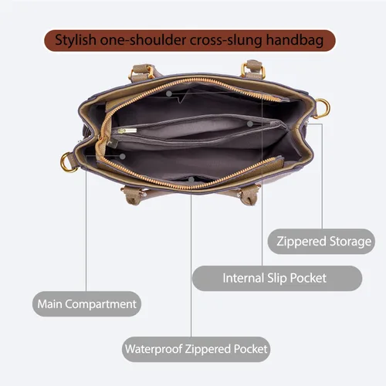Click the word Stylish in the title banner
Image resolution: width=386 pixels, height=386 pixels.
(76, 40)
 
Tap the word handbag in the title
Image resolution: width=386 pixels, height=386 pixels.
(295, 40)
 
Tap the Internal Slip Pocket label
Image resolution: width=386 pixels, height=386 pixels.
(277, 278)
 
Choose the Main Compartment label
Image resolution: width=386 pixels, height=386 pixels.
(86, 304)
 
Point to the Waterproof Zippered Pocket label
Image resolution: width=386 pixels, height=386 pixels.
(196, 349)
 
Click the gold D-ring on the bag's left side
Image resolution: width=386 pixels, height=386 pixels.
(67, 162)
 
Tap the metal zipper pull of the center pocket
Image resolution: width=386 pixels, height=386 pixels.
(127, 131)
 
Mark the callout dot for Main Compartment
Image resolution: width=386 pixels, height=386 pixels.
(123, 157)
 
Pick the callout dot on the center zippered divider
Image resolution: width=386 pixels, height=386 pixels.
(249, 124)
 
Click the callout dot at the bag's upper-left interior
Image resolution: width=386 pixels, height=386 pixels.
(169, 93)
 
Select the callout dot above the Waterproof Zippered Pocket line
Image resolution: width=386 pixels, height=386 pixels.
(191, 179)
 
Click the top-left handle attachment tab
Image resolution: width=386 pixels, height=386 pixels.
(142, 72)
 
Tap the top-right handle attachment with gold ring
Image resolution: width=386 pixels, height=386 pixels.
(253, 69)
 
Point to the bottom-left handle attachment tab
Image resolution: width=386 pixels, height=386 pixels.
(134, 195)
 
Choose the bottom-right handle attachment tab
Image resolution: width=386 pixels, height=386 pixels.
(248, 195)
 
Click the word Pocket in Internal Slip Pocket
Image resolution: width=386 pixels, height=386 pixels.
(308, 278)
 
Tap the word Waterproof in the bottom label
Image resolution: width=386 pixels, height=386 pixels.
(154, 349)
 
